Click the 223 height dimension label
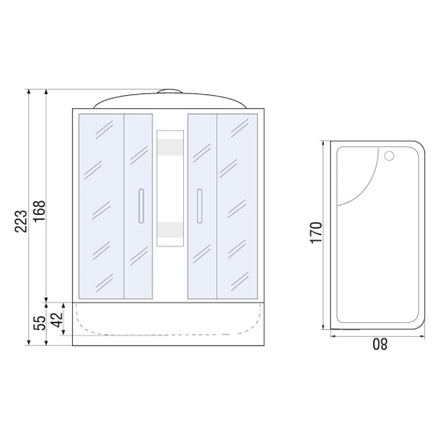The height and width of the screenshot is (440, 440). coord(21,222)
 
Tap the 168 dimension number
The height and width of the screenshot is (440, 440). coord(40,211)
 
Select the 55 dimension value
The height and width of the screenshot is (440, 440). coord(40,323)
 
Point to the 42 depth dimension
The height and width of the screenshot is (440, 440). coord(56,319)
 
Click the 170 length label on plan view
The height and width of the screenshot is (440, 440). coord(316,232)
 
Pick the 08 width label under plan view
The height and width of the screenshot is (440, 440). coord(380,344)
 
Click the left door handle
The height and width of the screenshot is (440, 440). coord(141,206)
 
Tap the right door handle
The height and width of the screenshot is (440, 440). coord(200,206)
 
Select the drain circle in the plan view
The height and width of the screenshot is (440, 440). coord(389,156)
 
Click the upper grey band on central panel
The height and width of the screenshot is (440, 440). coord(170,147)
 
